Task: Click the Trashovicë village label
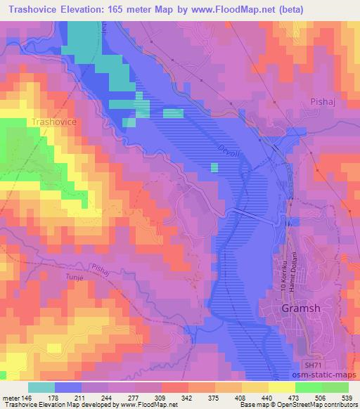click(58, 122)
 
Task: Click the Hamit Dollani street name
click(295, 267)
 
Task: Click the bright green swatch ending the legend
click(335, 387)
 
